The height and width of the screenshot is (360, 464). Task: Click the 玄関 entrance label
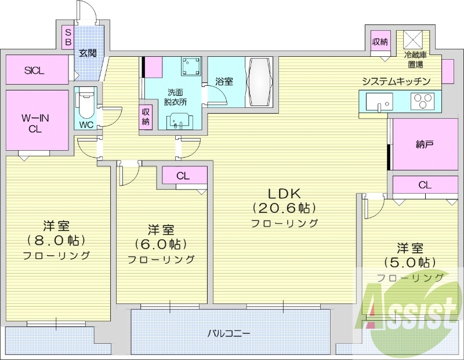tap(88, 53)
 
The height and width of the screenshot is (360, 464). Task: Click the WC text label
tap(86, 125)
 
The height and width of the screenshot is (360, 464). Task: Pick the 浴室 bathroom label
tap(224, 82)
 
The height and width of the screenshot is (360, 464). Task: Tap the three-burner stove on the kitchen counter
tap(422, 102)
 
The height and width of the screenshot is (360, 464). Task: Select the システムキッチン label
tap(396, 81)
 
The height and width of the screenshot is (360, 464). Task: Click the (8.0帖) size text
tap(56, 240)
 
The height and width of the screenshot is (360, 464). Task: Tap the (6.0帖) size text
tap(161, 244)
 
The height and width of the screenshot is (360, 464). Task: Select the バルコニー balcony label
tap(229, 334)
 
